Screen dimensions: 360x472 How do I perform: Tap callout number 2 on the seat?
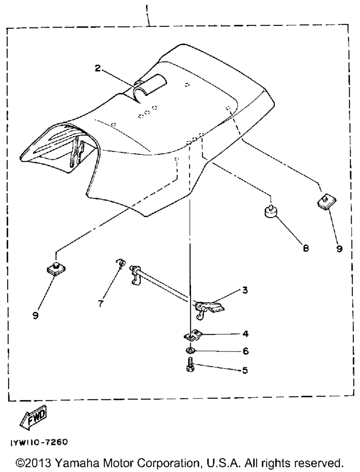tap(98, 68)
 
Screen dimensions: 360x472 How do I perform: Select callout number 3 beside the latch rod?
tap(245, 290)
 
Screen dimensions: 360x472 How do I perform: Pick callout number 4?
tap(245, 334)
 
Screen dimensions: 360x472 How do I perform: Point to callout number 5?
tap(245, 370)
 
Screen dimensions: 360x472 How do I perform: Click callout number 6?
tap(246, 351)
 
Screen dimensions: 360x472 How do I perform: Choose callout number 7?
tap(100, 304)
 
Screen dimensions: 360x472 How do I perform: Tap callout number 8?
tap(306, 248)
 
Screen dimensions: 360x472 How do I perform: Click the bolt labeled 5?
tap(190, 365)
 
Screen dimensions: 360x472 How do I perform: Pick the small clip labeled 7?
tap(121, 263)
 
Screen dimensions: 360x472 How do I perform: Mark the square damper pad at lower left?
tap(56, 268)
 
